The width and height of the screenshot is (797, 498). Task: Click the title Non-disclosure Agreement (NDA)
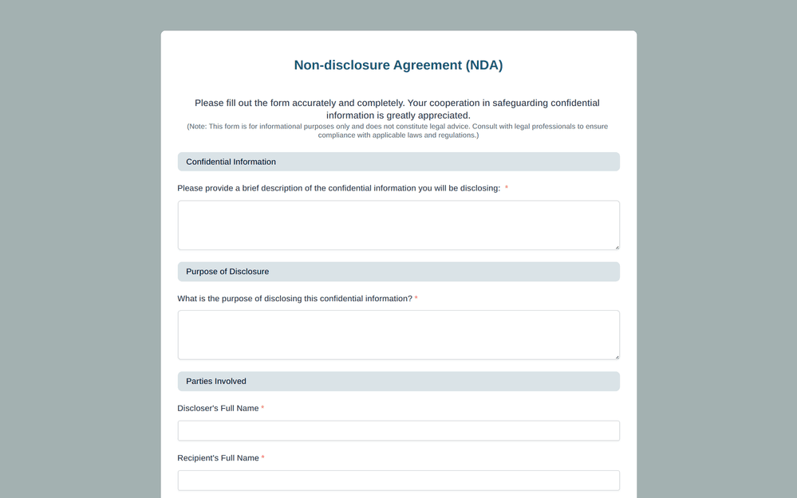[398, 65]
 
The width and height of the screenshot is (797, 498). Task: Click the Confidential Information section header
[231, 162]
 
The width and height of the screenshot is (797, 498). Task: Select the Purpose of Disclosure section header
[227, 272]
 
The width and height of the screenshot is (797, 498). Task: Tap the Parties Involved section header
[216, 382]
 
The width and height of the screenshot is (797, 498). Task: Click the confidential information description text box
[398, 225]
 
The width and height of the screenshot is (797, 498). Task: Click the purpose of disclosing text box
[398, 335]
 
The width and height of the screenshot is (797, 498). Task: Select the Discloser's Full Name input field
[398, 431]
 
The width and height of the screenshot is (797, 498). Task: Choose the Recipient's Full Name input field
[398, 480]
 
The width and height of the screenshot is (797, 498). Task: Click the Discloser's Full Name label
[218, 409]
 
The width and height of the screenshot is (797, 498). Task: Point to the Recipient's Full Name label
[218, 458]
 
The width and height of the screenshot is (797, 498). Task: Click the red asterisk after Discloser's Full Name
[262, 408]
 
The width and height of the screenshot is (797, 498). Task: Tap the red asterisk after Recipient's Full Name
[263, 457]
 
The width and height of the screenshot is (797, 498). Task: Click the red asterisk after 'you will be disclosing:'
[507, 188]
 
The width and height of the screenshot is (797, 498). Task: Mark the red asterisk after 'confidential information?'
[416, 298]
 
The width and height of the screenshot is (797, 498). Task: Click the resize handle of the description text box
[617, 247]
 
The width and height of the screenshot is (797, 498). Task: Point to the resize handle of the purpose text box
[617, 357]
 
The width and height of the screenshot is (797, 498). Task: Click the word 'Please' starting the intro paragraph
[209, 103]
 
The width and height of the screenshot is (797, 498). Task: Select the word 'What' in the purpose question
[188, 299]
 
